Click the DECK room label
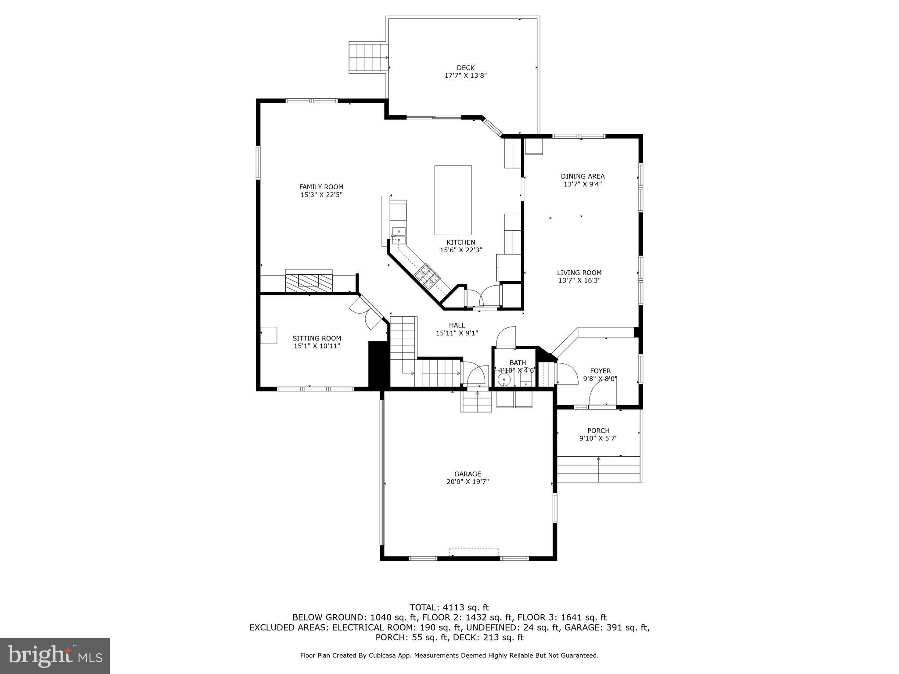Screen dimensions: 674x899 (465, 68)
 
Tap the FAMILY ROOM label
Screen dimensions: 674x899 (321, 187)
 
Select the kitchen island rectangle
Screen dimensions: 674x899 (453, 200)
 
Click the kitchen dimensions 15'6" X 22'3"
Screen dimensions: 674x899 (460, 250)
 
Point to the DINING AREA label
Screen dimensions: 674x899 (583, 176)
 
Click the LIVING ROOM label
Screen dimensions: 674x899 (579, 272)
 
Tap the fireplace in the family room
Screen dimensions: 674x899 (309, 280)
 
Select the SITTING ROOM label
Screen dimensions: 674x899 (316, 338)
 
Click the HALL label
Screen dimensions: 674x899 (457, 325)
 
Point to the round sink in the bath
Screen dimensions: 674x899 (504, 380)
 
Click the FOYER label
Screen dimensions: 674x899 (600, 371)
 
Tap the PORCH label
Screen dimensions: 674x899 (598, 430)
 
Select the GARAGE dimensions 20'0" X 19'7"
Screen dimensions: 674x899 (467, 481)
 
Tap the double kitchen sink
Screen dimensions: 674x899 (399, 235)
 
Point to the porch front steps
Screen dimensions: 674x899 (598, 469)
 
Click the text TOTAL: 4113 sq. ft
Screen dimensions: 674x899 (449, 607)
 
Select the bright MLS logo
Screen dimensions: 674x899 (55, 656)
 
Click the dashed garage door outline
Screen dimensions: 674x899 (474, 552)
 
